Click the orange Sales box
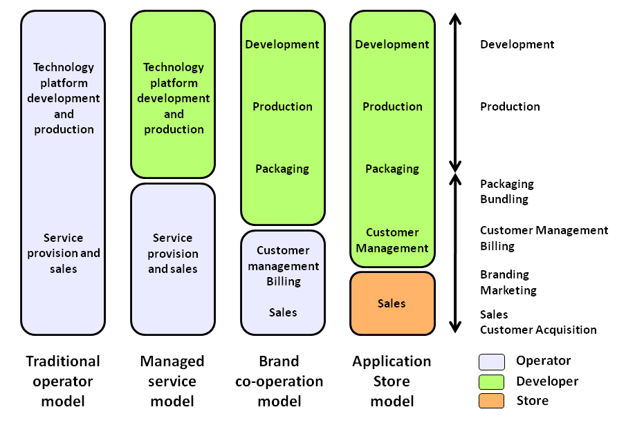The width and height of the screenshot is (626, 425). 392,303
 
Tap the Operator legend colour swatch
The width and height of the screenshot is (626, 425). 491,362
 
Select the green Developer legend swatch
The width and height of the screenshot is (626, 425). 491,382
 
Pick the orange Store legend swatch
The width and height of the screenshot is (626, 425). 491,401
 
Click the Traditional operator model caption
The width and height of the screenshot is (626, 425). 63,381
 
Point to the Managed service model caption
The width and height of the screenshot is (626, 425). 172,381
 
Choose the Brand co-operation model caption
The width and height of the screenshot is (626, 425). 279,381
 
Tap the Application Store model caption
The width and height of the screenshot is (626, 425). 392,381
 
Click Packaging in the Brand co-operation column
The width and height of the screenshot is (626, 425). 282,169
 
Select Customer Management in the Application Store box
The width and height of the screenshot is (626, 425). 392,240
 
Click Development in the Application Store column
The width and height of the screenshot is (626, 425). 392,44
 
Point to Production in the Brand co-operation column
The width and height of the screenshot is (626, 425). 282,106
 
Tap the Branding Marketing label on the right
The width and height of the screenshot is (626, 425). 508,282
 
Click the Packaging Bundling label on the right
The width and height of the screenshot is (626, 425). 507,191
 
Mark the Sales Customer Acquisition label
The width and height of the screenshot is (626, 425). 538,322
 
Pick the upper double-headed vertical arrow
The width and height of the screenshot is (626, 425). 455,93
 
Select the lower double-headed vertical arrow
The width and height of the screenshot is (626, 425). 455,253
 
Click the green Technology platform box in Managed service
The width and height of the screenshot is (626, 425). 173,95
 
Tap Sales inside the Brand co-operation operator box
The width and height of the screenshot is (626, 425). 283,312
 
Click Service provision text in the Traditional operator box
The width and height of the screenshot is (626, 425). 64,253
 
